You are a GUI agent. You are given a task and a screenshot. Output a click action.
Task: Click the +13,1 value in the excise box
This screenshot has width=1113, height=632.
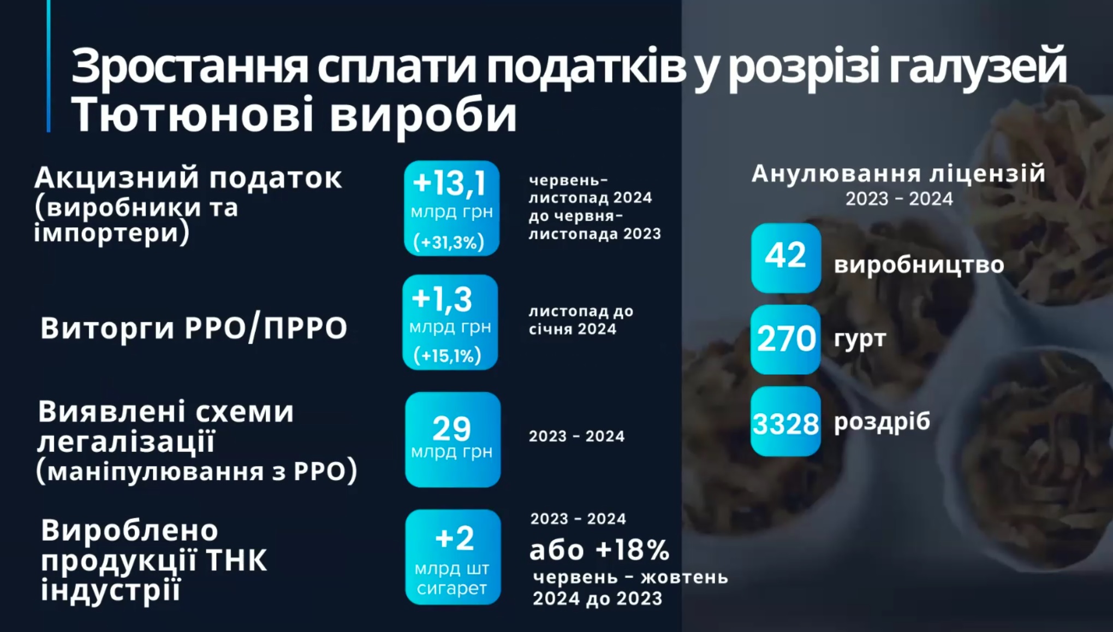click(450, 183)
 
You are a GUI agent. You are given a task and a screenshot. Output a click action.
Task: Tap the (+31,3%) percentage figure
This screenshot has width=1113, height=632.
click(449, 242)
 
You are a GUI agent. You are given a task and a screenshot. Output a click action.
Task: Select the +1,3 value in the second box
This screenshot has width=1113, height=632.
click(442, 299)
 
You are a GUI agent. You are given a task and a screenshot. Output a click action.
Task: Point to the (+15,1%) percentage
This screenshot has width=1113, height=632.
click(448, 356)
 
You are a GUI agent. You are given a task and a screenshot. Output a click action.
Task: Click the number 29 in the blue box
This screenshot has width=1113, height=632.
click(451, 428)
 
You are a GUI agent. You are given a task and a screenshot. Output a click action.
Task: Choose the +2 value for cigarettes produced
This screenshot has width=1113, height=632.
click(454, 539)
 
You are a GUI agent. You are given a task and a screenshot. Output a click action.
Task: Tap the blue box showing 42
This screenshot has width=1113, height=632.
click(785, 257)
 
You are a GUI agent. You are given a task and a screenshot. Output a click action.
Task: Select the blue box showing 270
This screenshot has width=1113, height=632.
click(785, 339)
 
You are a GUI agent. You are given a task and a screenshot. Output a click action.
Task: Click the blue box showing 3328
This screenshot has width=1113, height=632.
click(785, 422)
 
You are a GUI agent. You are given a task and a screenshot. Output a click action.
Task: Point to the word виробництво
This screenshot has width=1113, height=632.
click(919, 264)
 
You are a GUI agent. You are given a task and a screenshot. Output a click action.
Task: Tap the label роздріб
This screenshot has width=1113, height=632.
click(882, 421)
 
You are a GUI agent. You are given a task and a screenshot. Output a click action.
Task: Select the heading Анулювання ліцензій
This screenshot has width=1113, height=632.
click(898, 174)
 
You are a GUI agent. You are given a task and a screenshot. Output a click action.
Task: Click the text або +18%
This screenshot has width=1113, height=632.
click(599, 550)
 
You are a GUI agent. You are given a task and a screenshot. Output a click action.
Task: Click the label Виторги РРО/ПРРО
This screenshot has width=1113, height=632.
click(194, 328)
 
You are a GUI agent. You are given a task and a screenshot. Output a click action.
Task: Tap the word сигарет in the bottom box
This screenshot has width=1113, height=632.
click(451, 588)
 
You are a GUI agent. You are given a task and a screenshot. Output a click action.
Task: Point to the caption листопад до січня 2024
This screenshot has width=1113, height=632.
click(580, 320)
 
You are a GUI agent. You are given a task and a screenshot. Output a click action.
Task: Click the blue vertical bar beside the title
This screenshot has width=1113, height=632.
click(49, 66)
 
